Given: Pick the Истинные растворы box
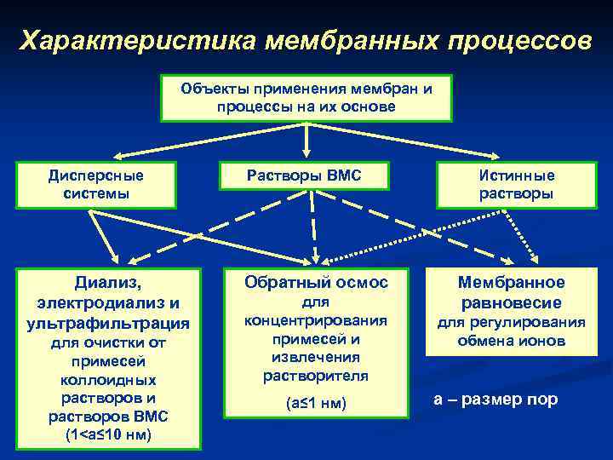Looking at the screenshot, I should [516, 185].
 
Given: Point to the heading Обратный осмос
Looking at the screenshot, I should [315, 283].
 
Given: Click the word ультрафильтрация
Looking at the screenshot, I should [108, 324].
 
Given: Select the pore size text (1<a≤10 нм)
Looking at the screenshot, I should [108, 435].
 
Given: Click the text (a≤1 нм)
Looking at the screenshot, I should [315, 403].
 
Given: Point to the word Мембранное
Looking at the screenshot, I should [511, 283].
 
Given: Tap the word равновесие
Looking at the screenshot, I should [511, 302].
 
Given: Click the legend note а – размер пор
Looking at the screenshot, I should [496, 400].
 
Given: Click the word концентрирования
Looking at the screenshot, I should [315, 320].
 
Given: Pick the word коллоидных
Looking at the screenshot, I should [108, 380].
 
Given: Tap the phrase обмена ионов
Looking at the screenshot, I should [511, 341].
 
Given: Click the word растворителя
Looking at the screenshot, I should [315, 375].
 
